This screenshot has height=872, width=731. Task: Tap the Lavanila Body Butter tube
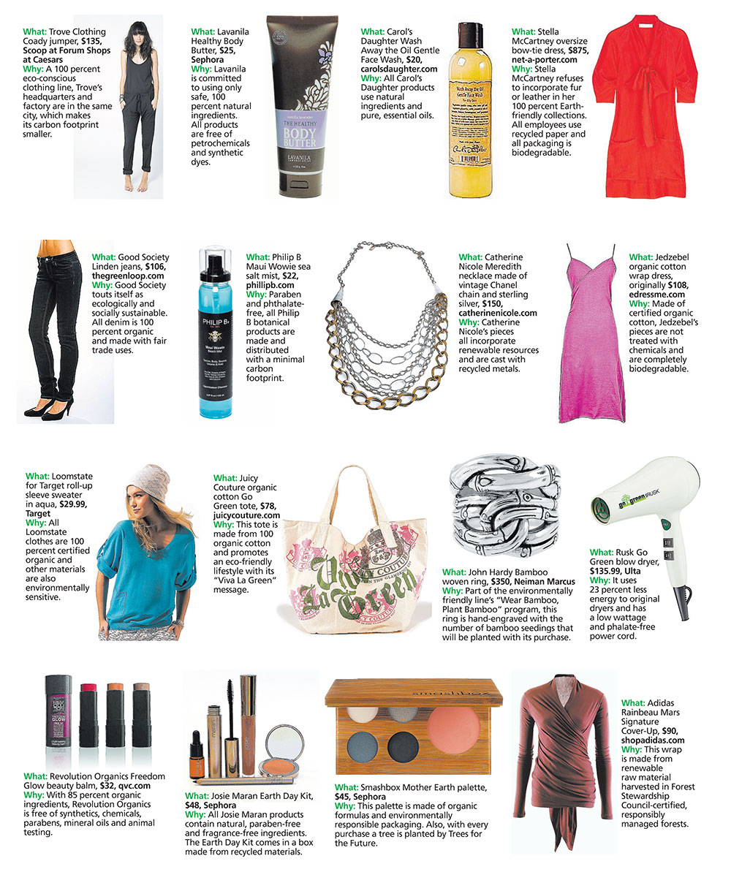point(301,106)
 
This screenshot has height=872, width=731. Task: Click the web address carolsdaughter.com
point(399,69)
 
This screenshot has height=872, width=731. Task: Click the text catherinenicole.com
point(498,313)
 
